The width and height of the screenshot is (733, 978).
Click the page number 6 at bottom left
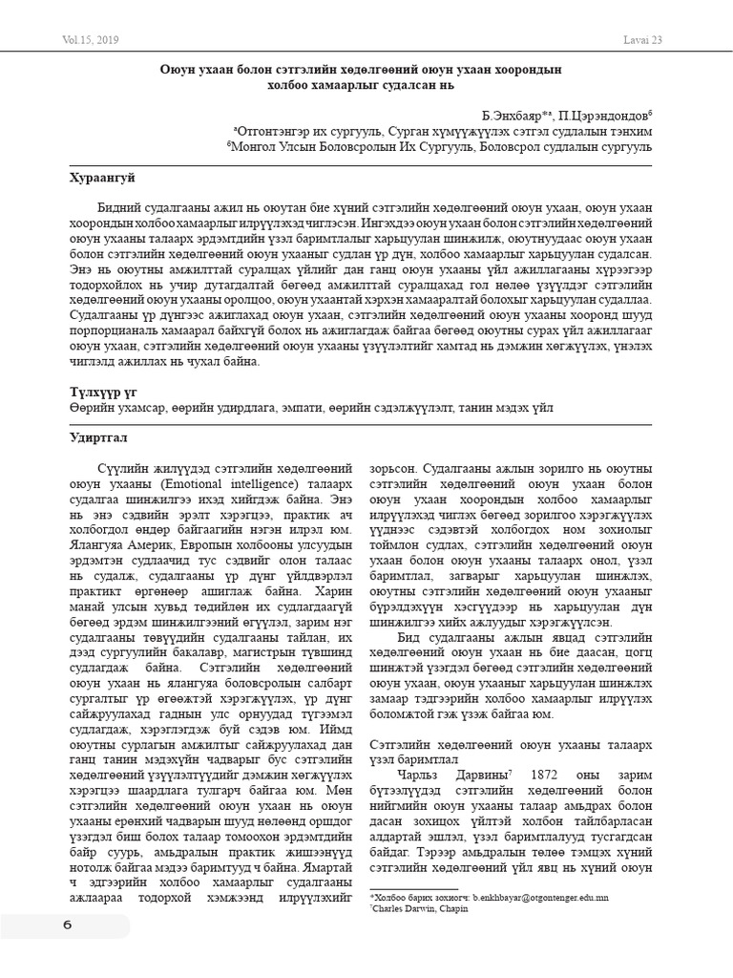point(67,925)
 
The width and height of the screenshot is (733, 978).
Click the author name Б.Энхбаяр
point(520,113)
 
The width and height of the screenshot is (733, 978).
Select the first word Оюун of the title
point(178,68)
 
